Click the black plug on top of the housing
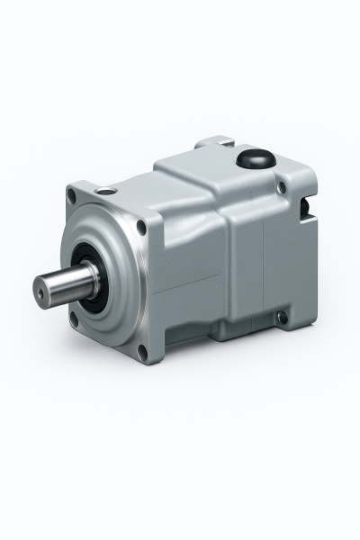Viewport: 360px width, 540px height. pos(254,160)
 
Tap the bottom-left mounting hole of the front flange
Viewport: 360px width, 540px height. pos(74,316)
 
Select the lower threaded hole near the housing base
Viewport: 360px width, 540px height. pos(282,318)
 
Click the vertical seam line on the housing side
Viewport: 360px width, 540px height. pos(262,270)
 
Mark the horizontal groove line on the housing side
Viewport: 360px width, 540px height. pos(189,285)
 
